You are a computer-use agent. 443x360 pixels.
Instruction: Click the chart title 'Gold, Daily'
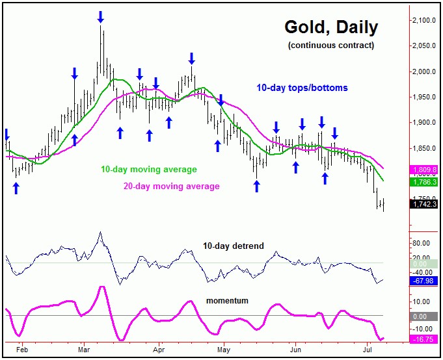click(331, 28)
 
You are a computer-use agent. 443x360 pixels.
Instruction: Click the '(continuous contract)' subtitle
click(331, 45)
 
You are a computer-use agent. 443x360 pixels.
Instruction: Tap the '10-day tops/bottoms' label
click(302, 88)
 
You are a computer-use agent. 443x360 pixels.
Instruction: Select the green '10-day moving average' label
click(148, 170)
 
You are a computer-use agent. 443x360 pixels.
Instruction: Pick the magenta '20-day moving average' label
click(171, 186)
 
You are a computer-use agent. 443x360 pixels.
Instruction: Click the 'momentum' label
click(228, 300)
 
